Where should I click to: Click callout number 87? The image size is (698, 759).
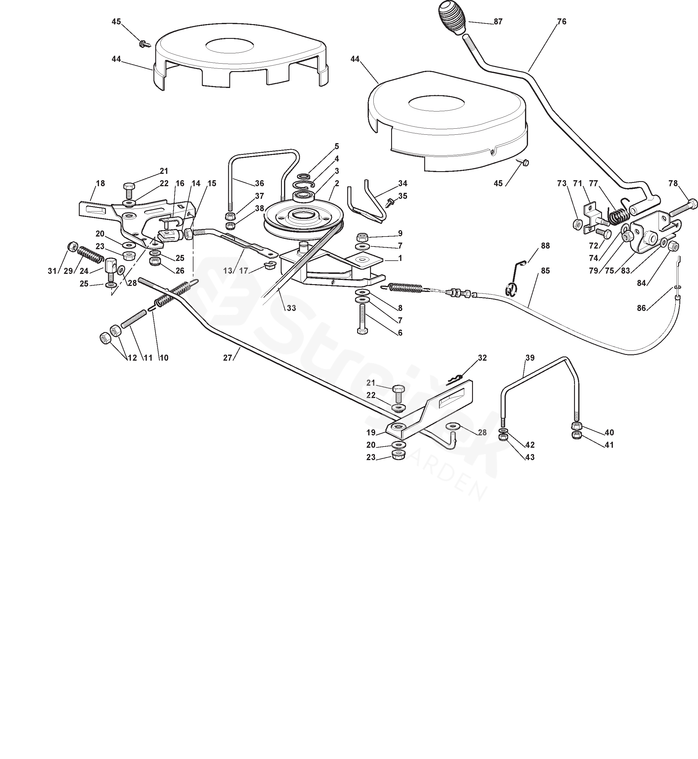pos(498,22)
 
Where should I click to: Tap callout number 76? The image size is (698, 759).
pos(562,22)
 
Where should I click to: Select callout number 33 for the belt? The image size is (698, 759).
pos(291,308)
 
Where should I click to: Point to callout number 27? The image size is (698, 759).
pos(227,358)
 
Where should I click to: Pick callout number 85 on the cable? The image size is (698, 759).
pos(545,271)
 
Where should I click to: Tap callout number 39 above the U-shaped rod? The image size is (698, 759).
pos(530,358)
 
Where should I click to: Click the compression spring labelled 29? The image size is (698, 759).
pos(91,253)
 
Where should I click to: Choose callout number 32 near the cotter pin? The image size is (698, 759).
pos(482,358)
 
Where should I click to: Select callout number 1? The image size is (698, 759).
pos(400,258)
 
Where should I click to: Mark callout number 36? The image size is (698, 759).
pos(259,183)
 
